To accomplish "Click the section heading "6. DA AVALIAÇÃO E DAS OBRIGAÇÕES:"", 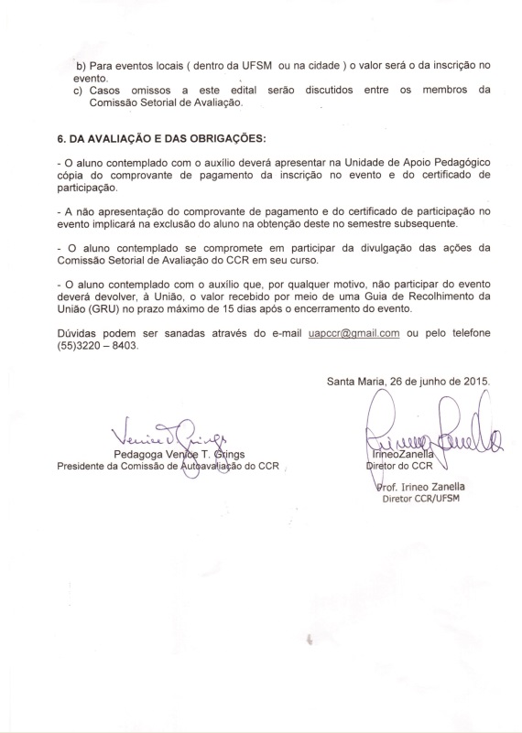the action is pyautogui.click(x=161, y=138).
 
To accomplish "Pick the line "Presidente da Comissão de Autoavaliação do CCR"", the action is pyautogui.click(x=170, y=466).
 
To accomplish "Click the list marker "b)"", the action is pyautogui.click(x=81, y=67).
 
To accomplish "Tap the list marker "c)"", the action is pyautogui.click(x=81, y=90).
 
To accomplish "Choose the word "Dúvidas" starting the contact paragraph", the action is pyautogui.click(x=79, y=332).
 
